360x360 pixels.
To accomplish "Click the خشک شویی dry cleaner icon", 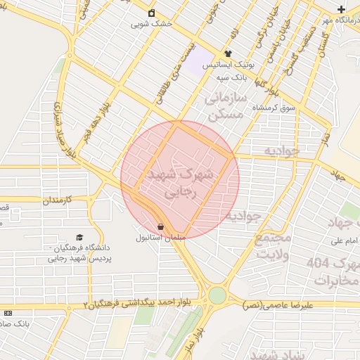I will tap(152, 13).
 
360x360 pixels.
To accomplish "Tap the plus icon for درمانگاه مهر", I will tap(341, 9).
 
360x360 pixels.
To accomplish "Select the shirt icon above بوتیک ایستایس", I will tap(228, 53).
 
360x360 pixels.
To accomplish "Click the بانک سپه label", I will tap(232, 75).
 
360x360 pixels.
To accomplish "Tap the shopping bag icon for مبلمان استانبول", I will tap(162, 227).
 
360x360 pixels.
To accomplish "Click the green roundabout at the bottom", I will tap(218, 295).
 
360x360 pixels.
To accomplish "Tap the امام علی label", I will tap(340, 241).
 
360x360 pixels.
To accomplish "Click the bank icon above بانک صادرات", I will tap(8, 313).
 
